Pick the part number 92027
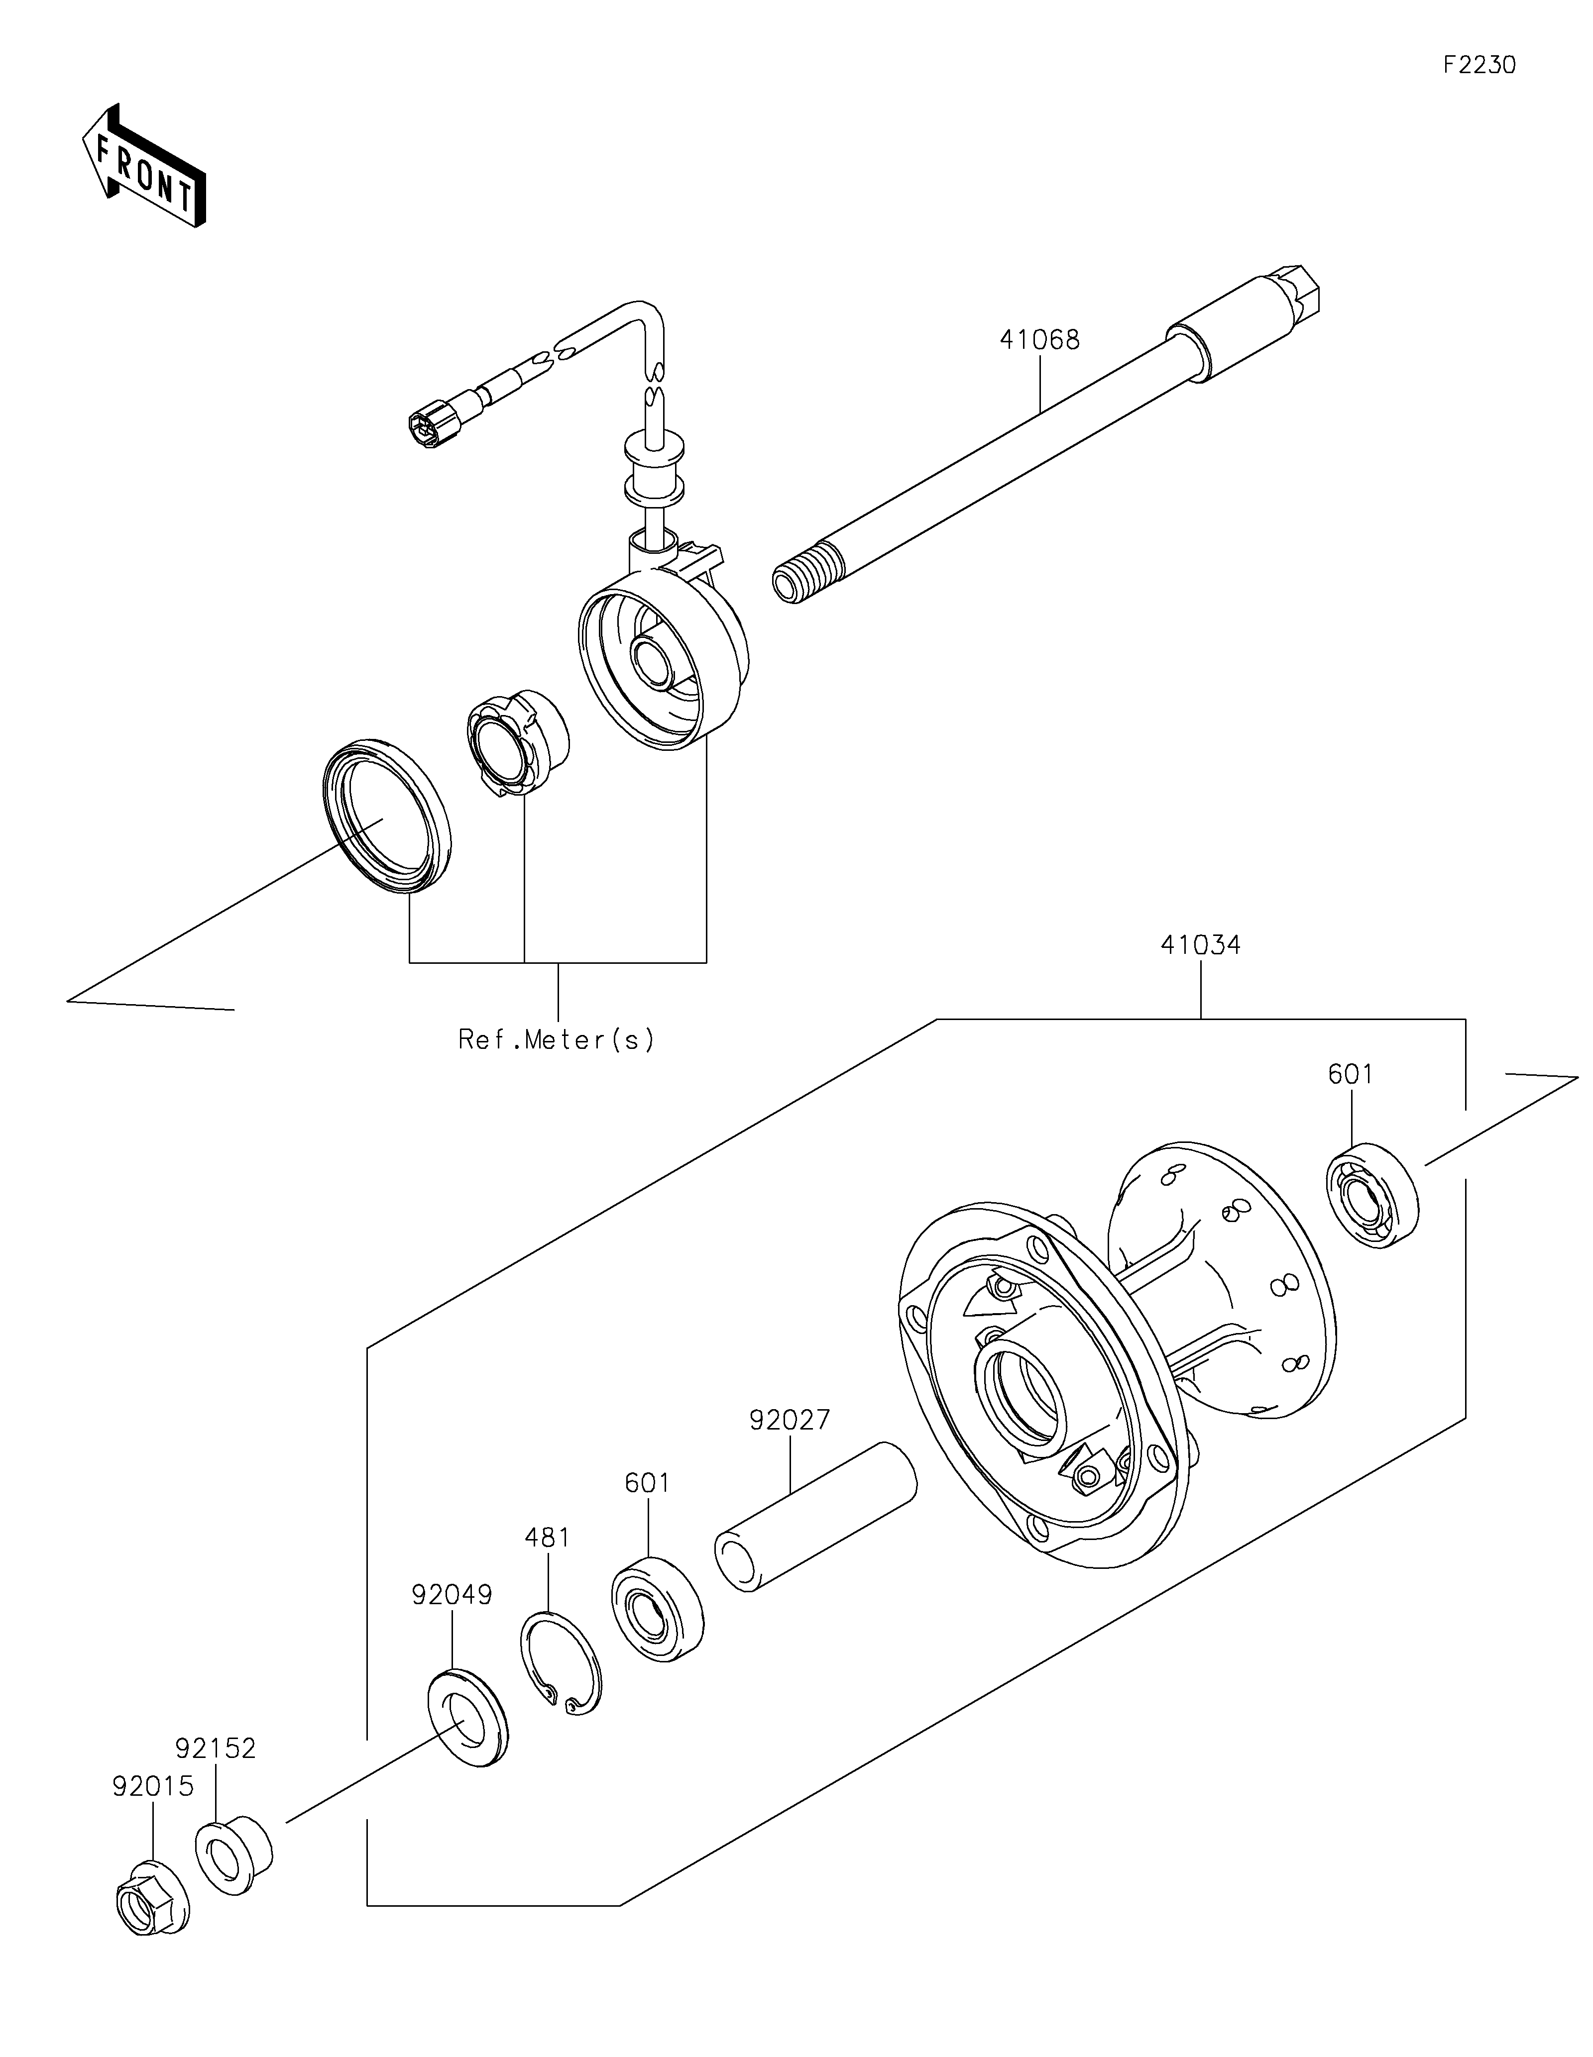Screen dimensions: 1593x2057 point(790,1446)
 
